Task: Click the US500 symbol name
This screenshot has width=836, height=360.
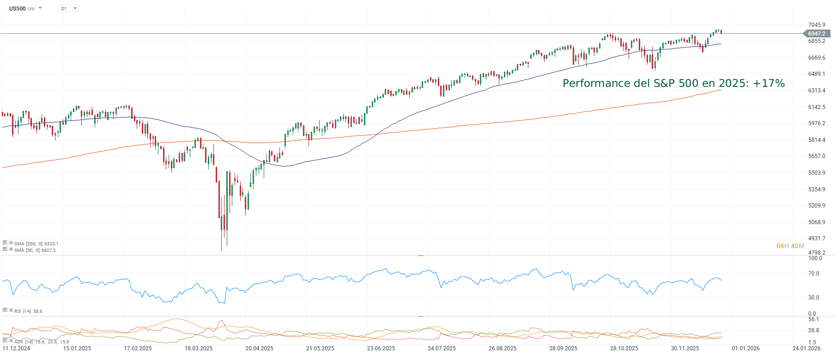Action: (x=18, y=8)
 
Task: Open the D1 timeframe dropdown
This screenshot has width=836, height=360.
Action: (x=69, y=8)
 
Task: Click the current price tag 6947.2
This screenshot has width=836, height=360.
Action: (x=817, y=33)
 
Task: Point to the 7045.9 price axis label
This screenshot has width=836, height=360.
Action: (x=817, y=25)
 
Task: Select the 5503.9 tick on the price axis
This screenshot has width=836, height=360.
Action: (x=817, y=173)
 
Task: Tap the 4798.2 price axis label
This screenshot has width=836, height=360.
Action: (x=817, y=253)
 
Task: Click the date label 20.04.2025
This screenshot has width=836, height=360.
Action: (x=259, y=348)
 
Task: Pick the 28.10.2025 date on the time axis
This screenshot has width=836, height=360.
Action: (x=624, y=348)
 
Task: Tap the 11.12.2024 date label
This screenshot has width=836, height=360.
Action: (x=16, y=348)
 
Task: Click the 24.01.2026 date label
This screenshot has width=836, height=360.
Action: (x=806, y=348)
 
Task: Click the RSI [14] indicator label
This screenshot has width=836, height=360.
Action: (x=22, y=311)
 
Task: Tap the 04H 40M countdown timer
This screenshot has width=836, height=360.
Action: (x=790, y=246)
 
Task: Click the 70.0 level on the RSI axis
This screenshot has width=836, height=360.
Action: (x=814, y=274)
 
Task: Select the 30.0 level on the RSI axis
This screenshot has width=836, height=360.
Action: (x=814, y=298)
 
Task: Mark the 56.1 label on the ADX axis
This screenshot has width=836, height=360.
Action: (x=814, y=319)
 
